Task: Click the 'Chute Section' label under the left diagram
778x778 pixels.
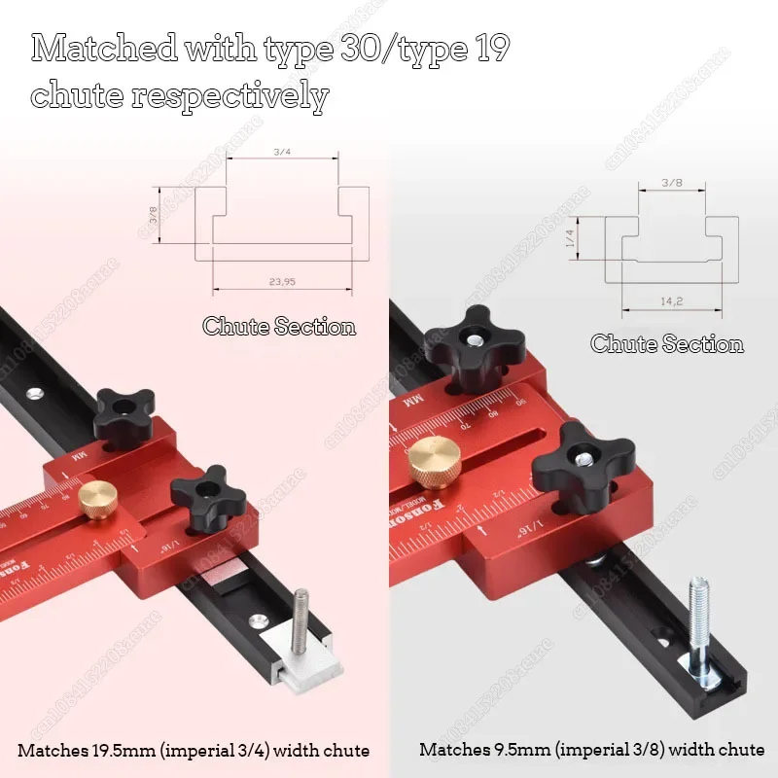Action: (279, 327)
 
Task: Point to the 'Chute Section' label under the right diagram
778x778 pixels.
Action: (667, 344)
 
